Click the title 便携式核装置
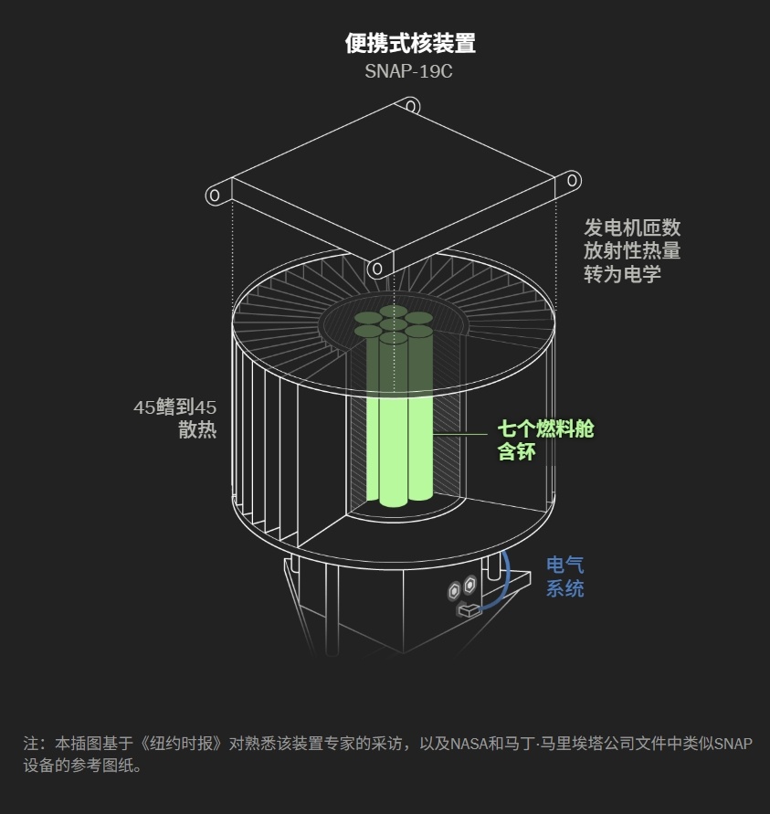coord(410,43)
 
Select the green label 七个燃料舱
coord(545,428)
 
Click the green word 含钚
coord(516,451)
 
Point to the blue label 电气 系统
coord(564,576)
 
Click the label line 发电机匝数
coord(632,227)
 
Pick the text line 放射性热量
coord(632,250)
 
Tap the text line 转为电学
coord(622,273)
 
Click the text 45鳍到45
coord(174,407)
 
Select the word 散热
coord(197,430)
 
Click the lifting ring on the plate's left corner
coord(216,195)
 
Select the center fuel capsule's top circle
coord(394,324)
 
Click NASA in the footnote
coord(469,744)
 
